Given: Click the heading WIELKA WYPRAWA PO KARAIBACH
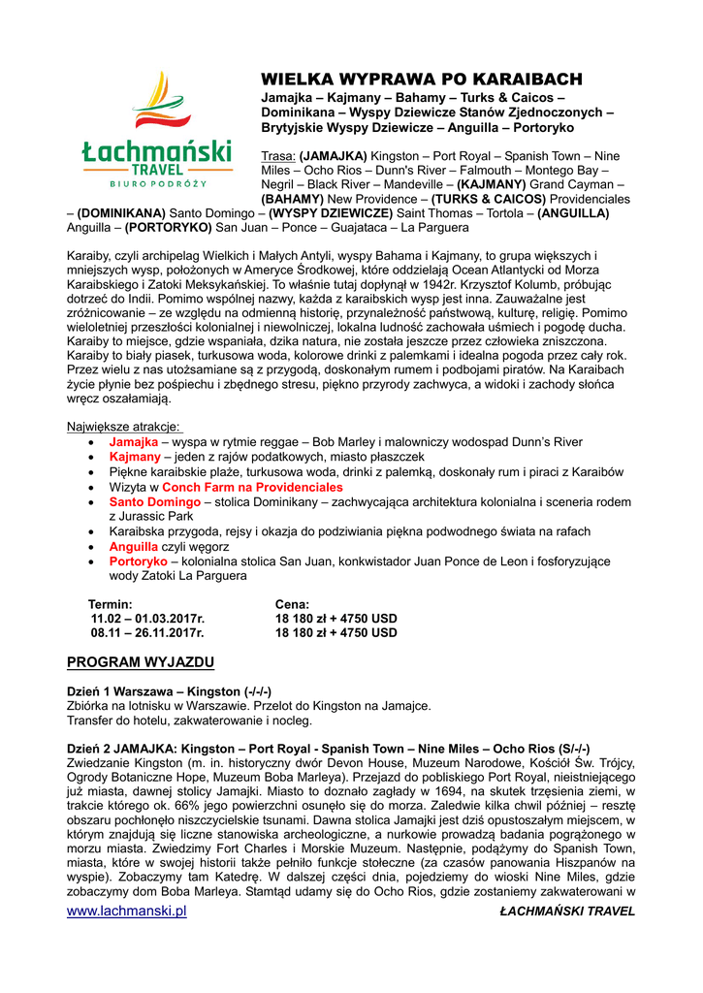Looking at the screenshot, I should point(422,79).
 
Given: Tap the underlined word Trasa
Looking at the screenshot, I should point(278,156).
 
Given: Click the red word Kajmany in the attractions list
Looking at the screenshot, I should point(134,457).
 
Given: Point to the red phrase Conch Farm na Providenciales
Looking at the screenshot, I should point(252,487).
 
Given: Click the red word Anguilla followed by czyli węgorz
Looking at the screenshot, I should point(136,547).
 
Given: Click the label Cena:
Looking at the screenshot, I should point(292,604).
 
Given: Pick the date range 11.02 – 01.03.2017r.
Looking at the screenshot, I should point(147,619).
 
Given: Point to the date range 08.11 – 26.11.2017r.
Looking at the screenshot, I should point(147,633).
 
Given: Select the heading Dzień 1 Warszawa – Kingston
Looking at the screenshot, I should point(168,691).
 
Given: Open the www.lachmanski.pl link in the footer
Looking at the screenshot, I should point(126,912).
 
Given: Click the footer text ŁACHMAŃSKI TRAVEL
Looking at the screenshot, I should point(567,912).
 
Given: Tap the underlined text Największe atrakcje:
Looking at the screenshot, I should point(123,427).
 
